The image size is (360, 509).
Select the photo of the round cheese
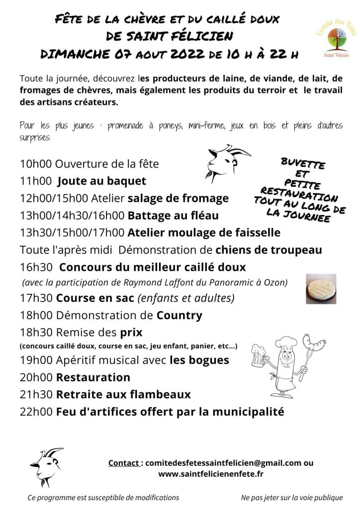(321, 289)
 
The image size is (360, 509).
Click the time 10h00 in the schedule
(36, 164)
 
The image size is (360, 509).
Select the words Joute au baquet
(102, 181)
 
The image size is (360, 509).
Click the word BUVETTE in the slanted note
(303, 164)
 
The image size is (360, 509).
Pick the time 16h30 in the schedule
(36, 267)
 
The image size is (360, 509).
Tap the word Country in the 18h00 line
(180, 315)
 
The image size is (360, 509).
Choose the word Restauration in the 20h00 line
(93, 377)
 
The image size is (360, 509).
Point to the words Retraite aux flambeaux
(123, 395)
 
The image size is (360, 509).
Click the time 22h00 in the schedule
(36, 412)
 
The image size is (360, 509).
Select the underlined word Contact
(124, 463)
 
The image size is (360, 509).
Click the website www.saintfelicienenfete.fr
(210, 474)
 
